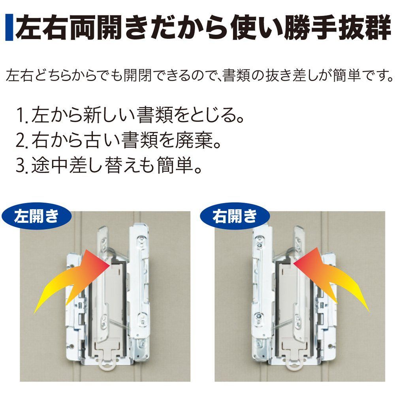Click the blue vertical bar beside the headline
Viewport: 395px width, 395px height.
coord(9,28)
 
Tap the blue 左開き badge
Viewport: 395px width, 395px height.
coord(37,216)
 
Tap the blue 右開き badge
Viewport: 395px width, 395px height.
coord(235,216)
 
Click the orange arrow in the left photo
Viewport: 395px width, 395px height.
coord(72,281)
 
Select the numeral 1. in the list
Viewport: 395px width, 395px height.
coord(22,115)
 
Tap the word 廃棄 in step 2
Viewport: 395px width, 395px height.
coord(194,140)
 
